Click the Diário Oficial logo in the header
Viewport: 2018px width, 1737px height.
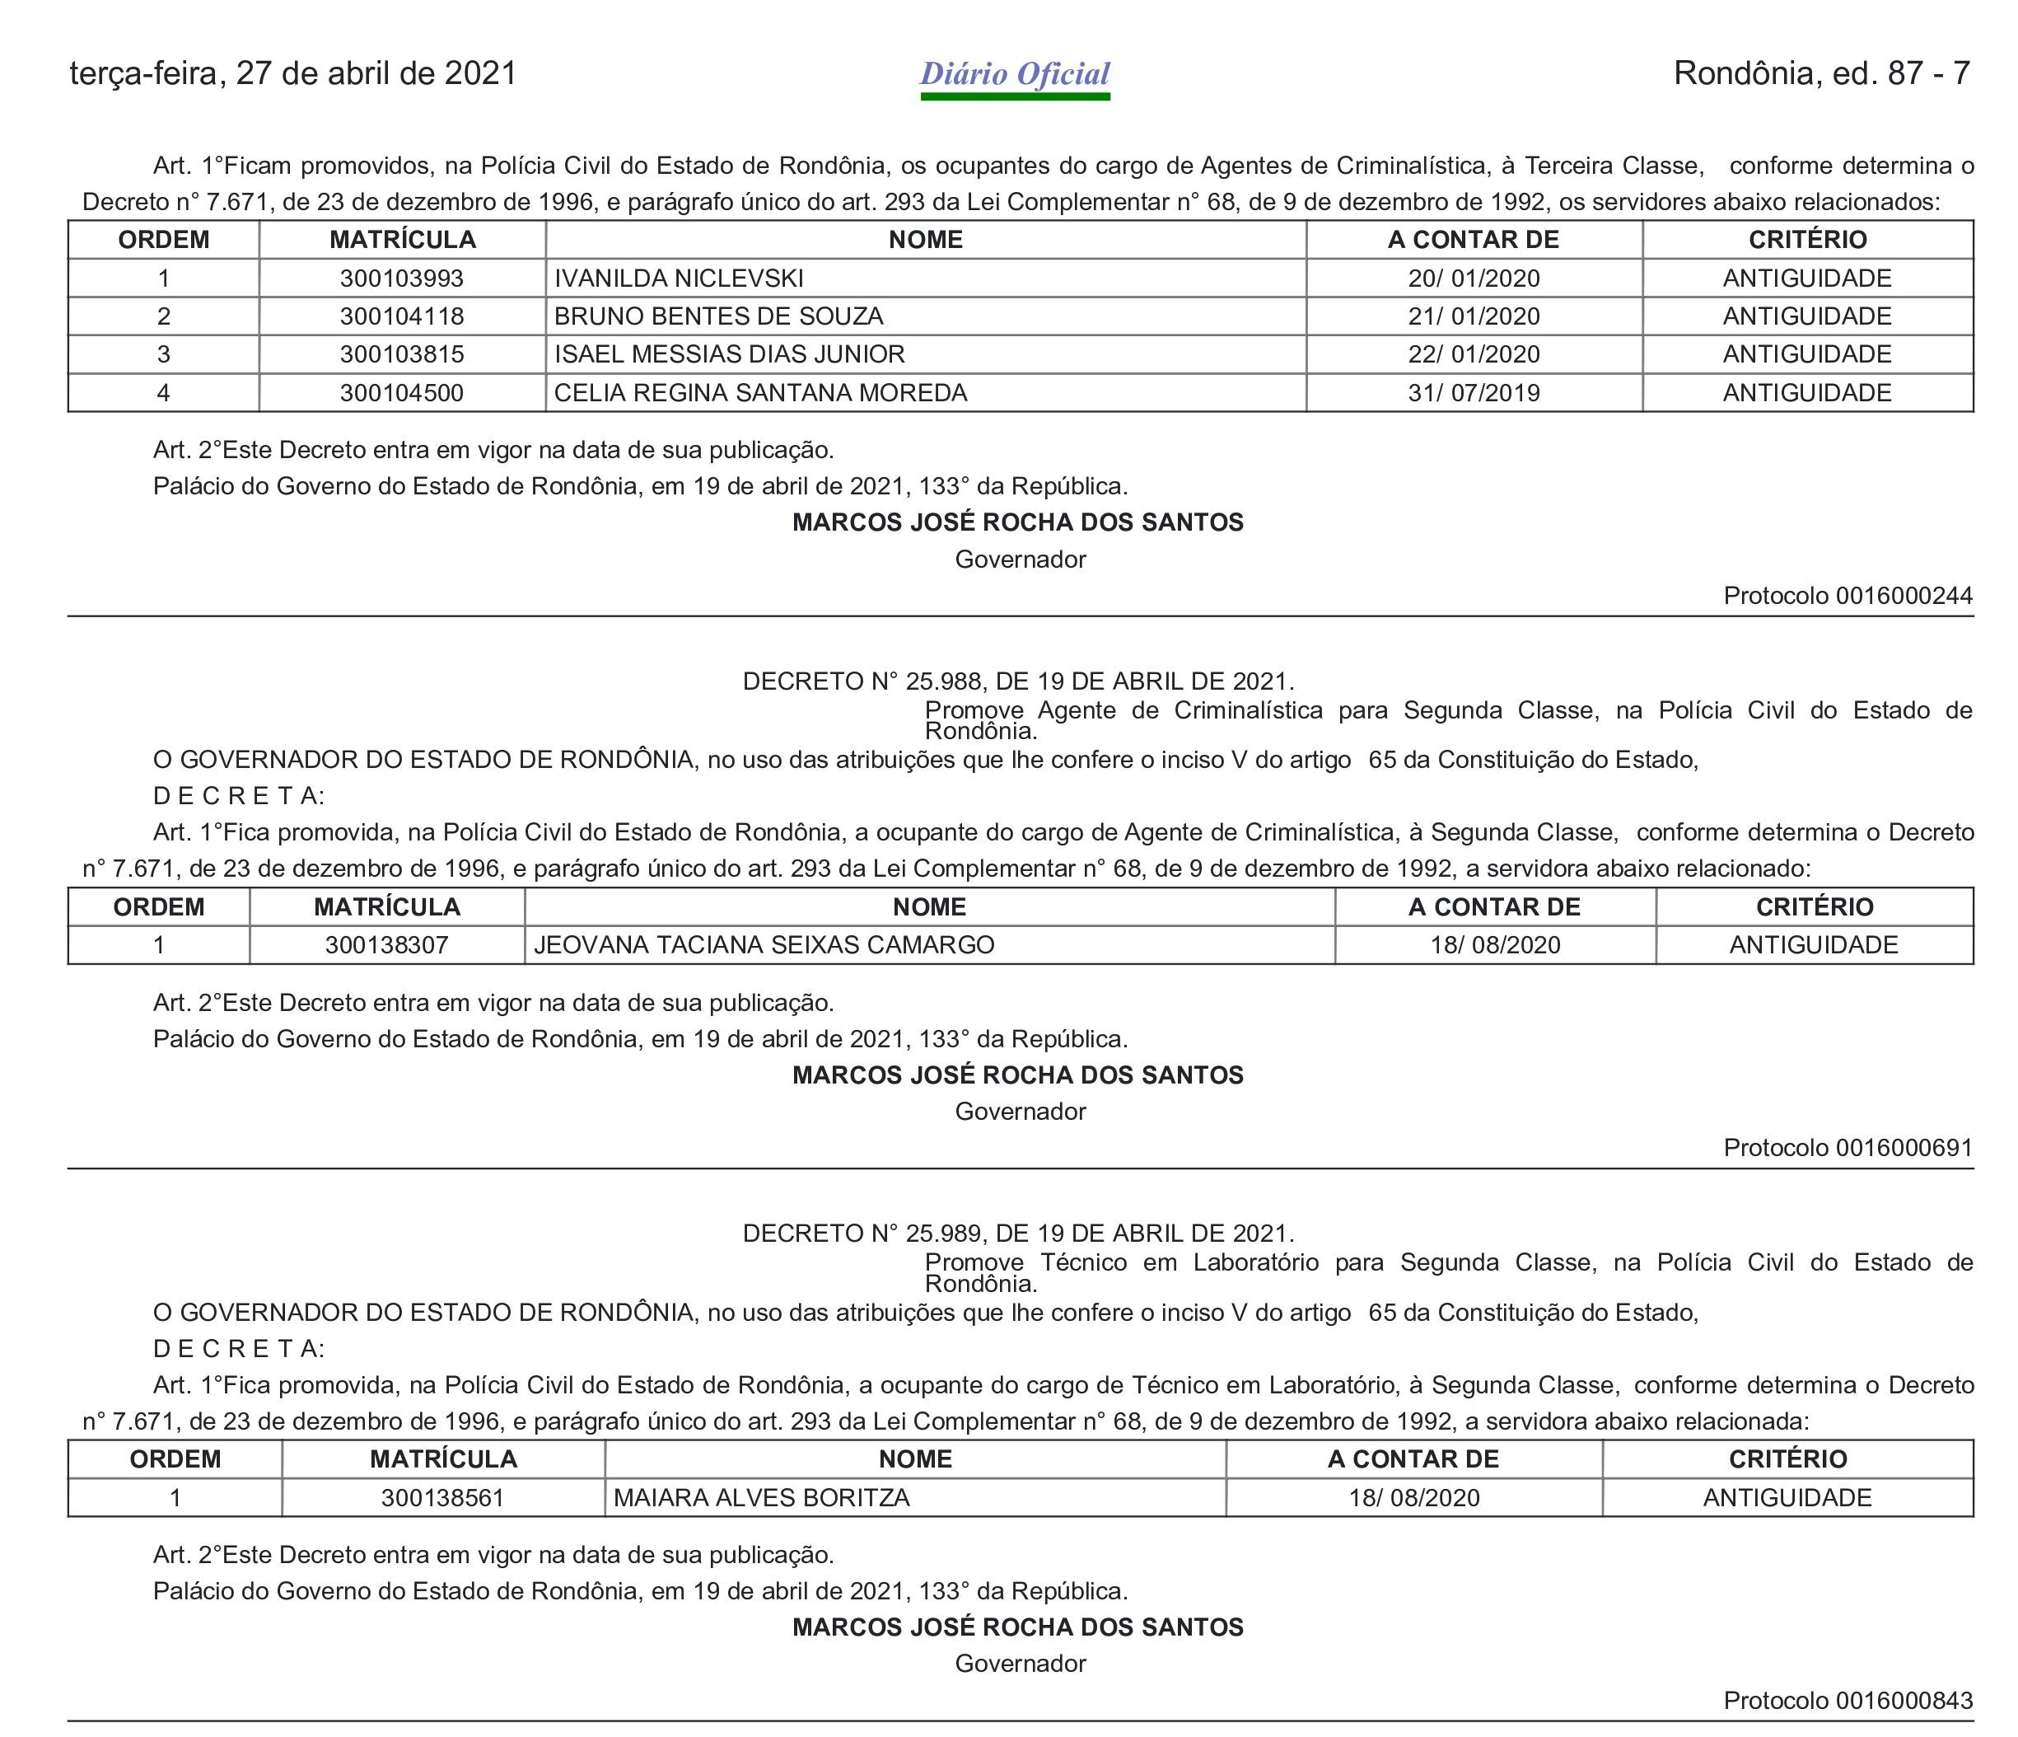[1015, 75]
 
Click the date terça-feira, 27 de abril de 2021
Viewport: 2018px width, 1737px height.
[293, 74]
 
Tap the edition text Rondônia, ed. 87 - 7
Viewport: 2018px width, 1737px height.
[1821, 73]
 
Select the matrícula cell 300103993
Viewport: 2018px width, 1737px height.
[401, 279]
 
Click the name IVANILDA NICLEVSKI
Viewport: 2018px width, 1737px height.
[679, 279]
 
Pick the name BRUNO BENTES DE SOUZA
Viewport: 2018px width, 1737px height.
[719, 316]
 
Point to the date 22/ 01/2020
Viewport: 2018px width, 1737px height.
[1474, 354]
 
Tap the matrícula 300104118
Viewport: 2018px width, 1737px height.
[401, 316]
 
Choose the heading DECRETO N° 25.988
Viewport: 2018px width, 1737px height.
[1018, 681]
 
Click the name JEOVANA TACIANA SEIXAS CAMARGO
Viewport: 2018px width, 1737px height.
[764, 945]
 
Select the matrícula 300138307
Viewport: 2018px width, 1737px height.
[386, 945]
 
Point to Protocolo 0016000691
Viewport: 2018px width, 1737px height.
[1847, 1148]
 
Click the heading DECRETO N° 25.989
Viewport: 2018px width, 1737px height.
[1018, 1234]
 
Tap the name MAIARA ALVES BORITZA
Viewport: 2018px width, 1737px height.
[762, 1497]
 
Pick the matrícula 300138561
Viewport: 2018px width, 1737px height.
[442, 1497]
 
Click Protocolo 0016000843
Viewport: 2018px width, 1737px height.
[1847, 1700]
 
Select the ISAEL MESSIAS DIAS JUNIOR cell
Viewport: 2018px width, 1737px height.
[730, 354]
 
